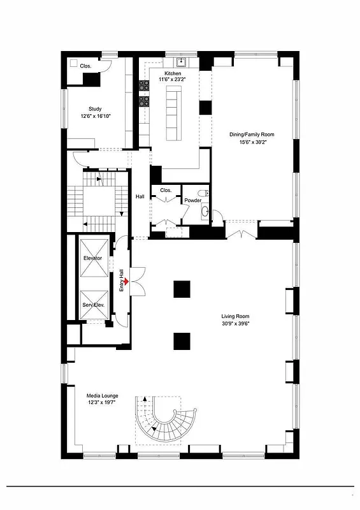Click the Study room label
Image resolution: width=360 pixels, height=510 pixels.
coord(95,109)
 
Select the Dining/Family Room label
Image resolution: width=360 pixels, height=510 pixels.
coord(251,135)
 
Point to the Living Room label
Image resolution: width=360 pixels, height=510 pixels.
coord(235,316)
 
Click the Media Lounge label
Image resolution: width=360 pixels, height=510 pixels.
coord(102,396)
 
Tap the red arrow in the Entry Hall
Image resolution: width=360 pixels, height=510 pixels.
coord(126,281)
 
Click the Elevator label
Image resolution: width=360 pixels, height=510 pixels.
coord(93,258)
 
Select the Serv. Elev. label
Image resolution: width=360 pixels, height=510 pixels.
coord(93,305)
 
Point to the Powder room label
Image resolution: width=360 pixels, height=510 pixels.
coord(193,200)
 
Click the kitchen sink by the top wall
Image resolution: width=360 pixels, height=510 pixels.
coord(180,62)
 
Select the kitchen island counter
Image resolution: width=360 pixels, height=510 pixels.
coord(173,115)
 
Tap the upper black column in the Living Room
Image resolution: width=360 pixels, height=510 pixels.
coord(182,289)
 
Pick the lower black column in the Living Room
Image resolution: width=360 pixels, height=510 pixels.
coord(182,341)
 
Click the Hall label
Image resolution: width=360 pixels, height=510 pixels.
coord(140,196)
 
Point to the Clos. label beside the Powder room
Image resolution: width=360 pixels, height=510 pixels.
coord(166,190)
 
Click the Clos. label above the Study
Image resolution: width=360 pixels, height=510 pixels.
coord(85,66)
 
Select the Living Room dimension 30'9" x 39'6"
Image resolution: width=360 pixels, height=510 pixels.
coord(235,324)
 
